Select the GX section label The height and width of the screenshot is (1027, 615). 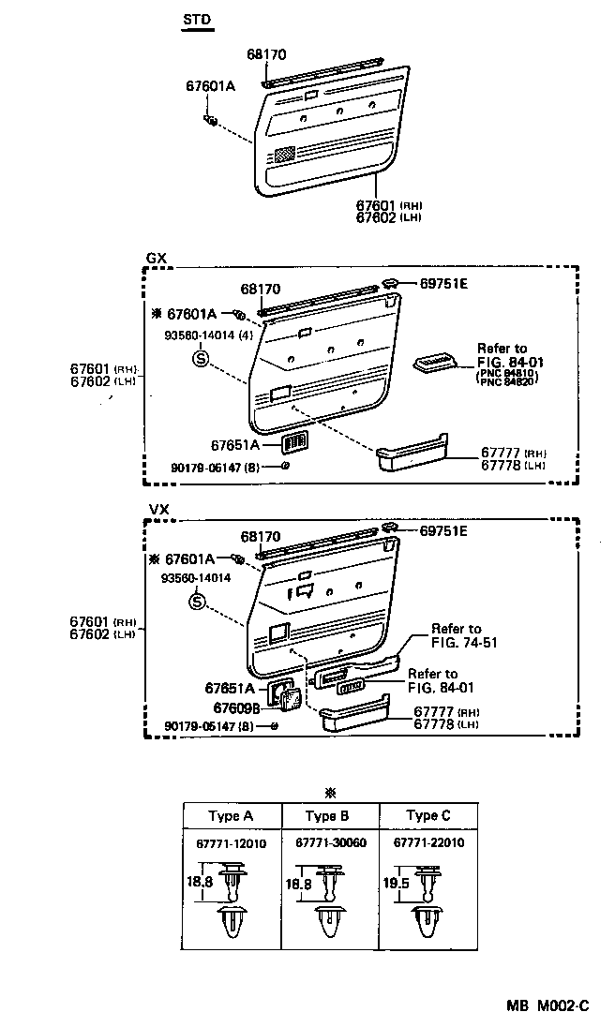tap(156, 258)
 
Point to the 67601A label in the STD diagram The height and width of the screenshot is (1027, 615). tap(210, 86)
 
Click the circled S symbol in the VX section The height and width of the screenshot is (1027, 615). tap(197, 601)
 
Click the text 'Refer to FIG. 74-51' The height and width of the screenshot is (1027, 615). tap(456, 635)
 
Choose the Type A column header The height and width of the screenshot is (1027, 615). tap(231, 815)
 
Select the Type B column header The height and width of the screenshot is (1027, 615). tap(327, 815)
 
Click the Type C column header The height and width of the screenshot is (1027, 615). tap(427, 815)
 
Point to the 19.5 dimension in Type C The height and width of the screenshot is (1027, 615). tap(397, 884)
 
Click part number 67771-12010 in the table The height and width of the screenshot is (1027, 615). tap(232, 843)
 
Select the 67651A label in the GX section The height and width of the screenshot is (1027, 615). tap(234, 446)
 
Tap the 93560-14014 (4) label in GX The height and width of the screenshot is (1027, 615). tap(202, 334)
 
